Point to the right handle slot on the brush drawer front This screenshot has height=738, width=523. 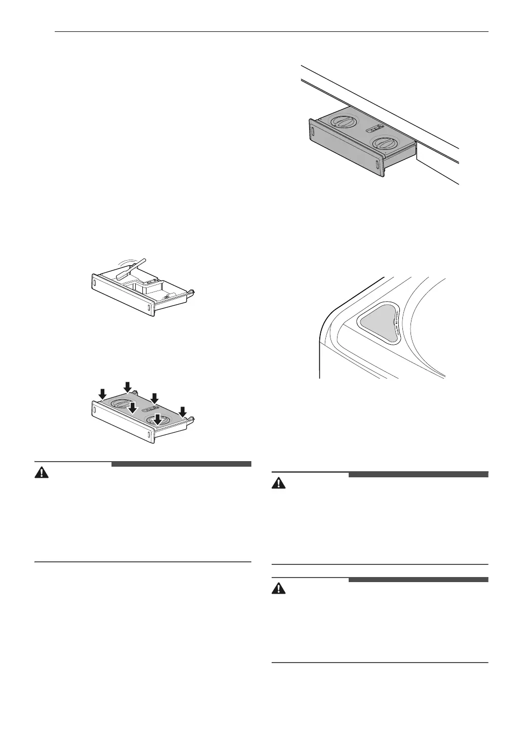click(x=149, y=307)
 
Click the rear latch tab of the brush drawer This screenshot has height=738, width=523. click(x=192, y=292)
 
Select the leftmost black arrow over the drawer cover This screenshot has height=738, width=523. click(x=102, y=393)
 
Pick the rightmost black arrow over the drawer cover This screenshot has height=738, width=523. click(x=183, y=411)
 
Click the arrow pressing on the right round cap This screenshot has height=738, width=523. click(x=158, y=418)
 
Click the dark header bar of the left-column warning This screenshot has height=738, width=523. click(x=181, y=464)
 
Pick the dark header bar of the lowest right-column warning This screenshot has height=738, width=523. click(x=418, y=580)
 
